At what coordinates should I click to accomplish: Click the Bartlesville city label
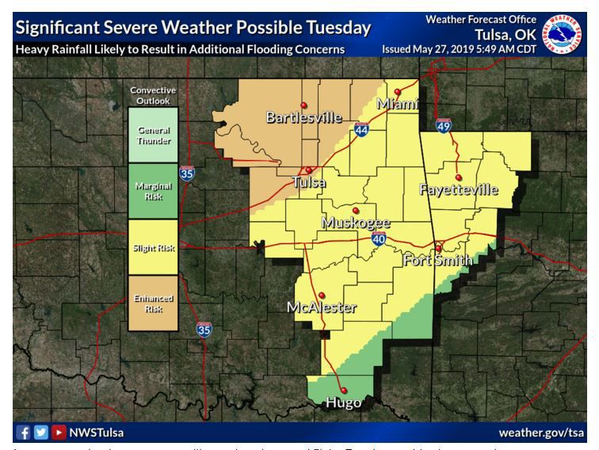[x=303, y=118]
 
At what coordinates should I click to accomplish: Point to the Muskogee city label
[x=356, y=223]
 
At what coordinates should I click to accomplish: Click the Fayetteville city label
[x=459, y=189]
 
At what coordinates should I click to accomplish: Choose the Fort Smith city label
[x=437, y=260]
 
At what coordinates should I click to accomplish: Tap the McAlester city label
[x=322, y=307]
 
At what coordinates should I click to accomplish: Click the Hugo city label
[x=344, y=402]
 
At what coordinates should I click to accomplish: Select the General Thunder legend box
[x=154, y=135]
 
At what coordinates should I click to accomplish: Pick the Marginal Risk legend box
[x=154, y=191]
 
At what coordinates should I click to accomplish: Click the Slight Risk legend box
[x=154, y=246]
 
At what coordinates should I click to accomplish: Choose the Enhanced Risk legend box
[x=154, y=302]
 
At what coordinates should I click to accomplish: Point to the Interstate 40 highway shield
[x=380, y=239]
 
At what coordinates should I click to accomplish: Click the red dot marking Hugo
[x=344, y=389]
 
